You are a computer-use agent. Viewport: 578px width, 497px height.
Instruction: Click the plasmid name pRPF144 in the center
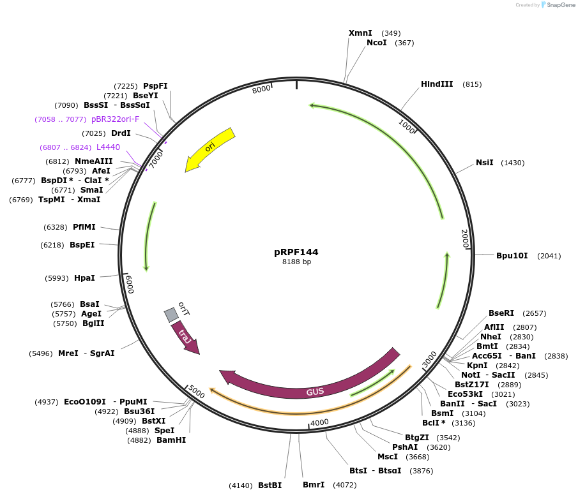296,252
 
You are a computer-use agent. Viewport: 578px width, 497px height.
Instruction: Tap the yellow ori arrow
210,149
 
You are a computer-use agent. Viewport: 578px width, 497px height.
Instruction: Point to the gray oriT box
171,315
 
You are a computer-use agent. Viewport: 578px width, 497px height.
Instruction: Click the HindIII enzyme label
437,84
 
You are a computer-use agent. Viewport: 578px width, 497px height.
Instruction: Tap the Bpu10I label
512,256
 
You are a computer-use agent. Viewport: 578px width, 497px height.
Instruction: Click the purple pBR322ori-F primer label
115,119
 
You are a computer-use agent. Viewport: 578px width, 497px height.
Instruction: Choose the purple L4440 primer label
108,147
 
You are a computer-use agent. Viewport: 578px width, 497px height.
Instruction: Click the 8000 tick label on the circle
261,90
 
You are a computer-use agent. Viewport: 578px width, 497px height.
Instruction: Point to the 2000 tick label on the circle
465,239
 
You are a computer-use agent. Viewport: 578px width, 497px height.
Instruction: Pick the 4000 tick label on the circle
319,422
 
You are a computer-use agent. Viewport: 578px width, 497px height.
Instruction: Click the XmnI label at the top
360,33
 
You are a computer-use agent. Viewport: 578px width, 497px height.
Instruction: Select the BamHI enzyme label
171,440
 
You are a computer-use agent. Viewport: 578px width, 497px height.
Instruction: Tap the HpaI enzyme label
84,278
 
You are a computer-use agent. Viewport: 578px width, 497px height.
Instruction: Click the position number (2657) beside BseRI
535,313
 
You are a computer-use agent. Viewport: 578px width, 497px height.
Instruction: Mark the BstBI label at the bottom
270,486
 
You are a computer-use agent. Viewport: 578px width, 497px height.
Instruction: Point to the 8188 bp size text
296,262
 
